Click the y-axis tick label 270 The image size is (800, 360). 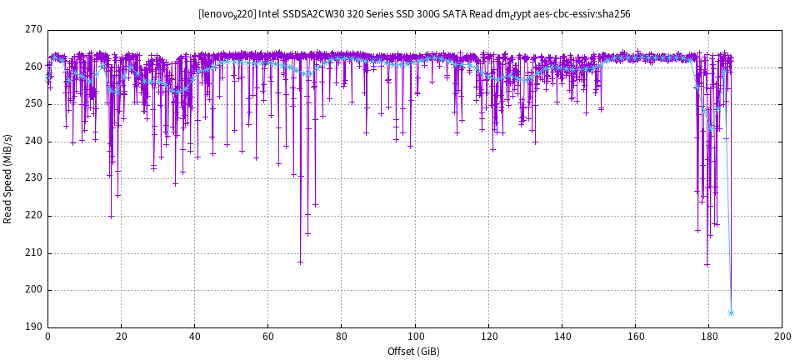[x=33, y=30]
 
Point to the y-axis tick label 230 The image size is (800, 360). [x=33, y=178]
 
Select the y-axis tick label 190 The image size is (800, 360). [x=33, y=327]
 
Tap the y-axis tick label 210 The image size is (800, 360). [x=33, y=252]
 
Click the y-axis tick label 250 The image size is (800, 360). [x=33, y=104]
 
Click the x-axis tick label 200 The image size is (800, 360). [x=782, y=337]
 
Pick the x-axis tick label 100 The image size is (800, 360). [x=415, y=337]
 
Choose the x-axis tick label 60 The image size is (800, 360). [x=267, y=337]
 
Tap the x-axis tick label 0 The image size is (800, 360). [x=47, y=337]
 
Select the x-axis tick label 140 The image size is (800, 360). [x=562, y=337]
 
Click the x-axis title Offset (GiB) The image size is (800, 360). [x=414, y=351]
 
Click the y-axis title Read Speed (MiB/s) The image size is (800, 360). [x=8, y=178]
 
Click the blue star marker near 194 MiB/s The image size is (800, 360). [x=731, y=313]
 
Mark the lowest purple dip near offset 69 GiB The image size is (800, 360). [x=300, y=262]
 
